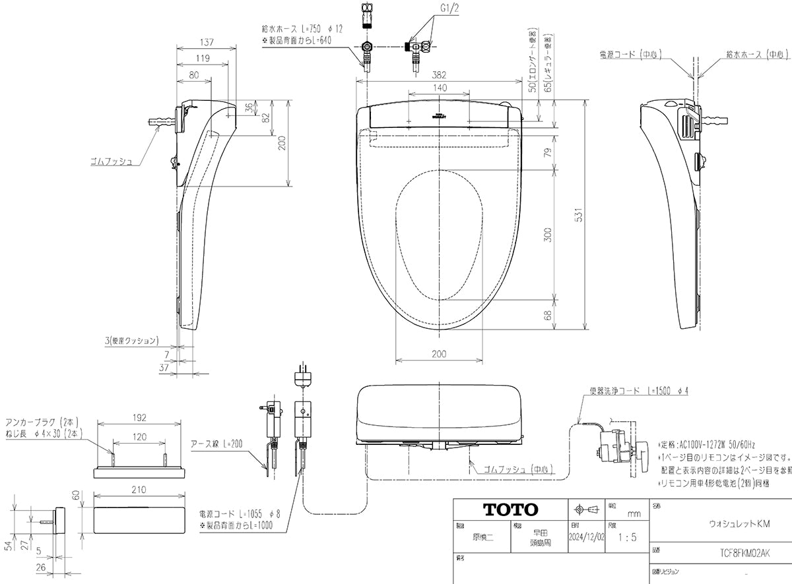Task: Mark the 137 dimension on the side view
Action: pos(206,42)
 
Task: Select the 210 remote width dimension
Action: pos(139,490)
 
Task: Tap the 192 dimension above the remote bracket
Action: pos(139,417)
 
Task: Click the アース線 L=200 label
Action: pos(217,444)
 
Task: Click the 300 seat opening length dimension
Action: pos(547,235)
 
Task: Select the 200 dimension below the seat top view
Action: pos(439,354)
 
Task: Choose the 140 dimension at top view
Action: pos(440,88)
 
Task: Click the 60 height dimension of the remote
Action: pos(76,495)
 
